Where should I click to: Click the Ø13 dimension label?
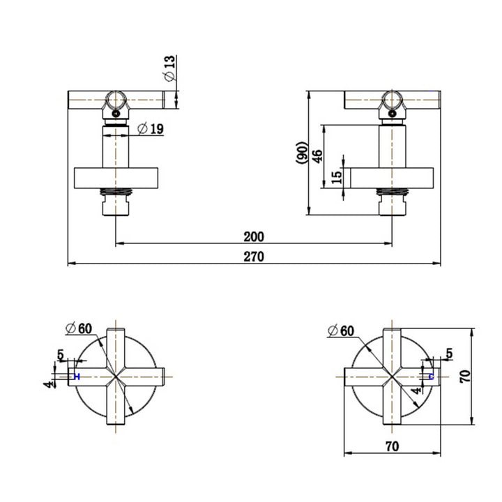point(169,69)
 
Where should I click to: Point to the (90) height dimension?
point(301,153)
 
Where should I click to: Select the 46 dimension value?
point(317,155)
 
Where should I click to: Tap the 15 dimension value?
point(337,178)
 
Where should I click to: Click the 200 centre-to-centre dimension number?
point(254,236)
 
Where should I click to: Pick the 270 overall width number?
point(254,257)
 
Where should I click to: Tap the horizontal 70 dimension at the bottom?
point(391,446)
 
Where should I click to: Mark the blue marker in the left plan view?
point(77,376)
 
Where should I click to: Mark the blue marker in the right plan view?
point(431,376)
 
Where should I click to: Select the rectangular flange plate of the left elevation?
point(115,178)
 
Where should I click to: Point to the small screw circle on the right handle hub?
point(393,111)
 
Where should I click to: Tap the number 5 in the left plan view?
point(61,355)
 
